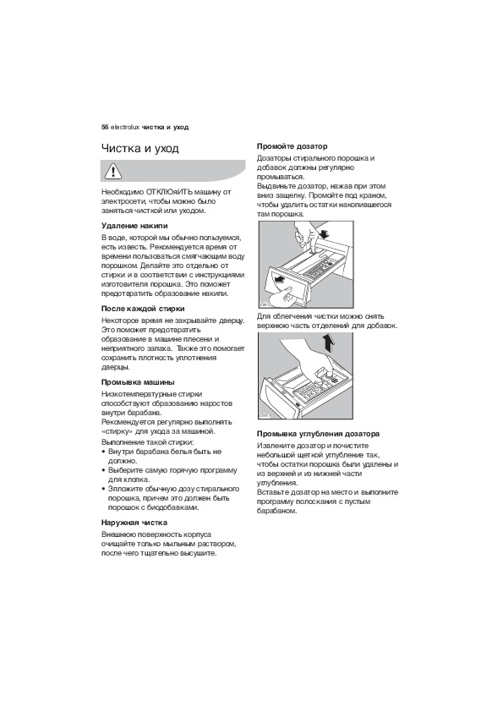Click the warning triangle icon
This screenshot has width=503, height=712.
click(x=112, y=171)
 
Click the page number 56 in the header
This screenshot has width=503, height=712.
click(x=105, y=127)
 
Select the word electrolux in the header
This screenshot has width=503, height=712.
click(x=125, y=127)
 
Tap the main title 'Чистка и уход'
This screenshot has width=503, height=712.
click(x=139, y=149)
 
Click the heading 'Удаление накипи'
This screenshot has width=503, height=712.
click(x=134, y=226)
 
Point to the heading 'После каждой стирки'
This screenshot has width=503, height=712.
click(x=143, y=309)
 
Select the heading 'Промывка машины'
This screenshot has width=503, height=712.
click(x=138, y=382)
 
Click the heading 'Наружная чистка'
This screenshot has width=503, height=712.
click(x=134, y=523)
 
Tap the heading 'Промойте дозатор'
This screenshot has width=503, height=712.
click(x=292, y=146)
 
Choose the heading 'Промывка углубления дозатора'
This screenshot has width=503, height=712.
click(x=318, y=434)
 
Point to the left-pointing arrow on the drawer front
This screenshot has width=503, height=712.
click(x=282, y=279)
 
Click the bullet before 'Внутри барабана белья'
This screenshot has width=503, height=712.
click(x=104, y=452)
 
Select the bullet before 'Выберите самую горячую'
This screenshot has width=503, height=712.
click(x=104, y=471)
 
